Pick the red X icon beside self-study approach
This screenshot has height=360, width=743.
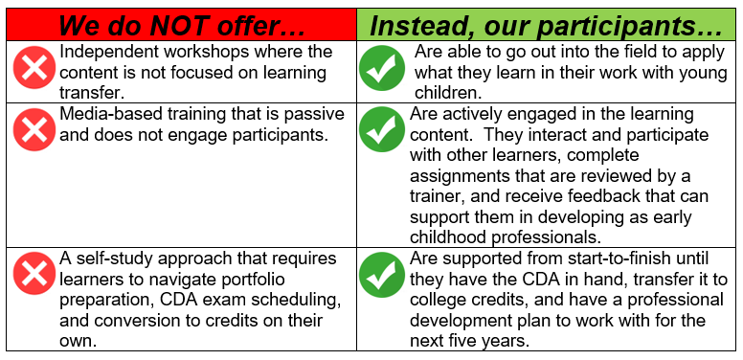[34, 276]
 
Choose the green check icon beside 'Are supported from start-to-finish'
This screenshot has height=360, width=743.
[381, 276]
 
